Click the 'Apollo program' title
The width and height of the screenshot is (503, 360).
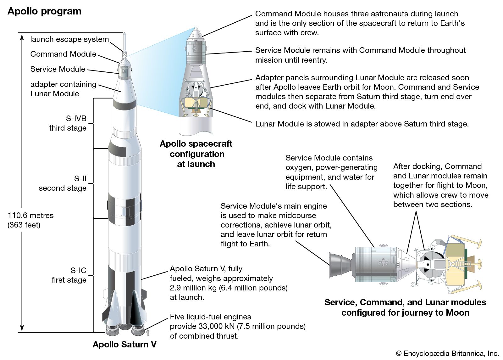[x=44, y=11]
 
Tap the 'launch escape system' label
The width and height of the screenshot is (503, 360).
[x=69, y=39]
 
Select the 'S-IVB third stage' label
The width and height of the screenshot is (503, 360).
[x=68, y=123]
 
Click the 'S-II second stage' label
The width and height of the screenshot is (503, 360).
[x=63, y=183]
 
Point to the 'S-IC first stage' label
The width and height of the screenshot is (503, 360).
[x=69, y=275]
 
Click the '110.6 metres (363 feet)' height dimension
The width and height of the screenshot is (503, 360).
[x=30, y=220]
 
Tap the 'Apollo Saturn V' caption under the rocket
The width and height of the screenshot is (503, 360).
[x=124, y=344]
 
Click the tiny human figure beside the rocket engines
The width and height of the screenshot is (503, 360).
[x=148, y=333]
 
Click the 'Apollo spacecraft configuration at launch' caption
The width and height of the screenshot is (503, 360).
[x=196, y=154]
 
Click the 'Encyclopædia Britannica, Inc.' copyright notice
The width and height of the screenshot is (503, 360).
[x=447, y=353]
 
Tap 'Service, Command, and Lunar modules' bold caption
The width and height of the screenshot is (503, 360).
[x=405, y=302]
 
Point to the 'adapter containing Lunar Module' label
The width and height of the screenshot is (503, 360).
[x=63, y=89]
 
